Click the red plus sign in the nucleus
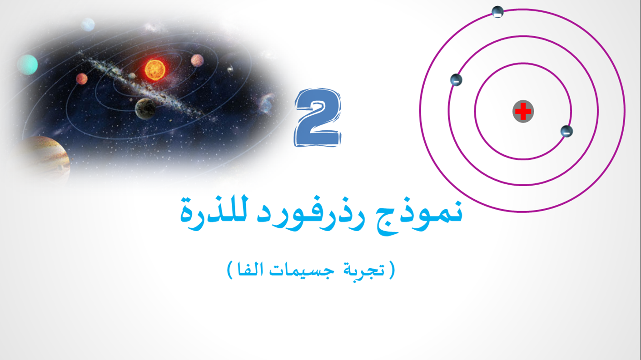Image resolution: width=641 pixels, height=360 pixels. [x=523, y=111]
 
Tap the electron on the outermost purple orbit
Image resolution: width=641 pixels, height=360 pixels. [x=497, y=12]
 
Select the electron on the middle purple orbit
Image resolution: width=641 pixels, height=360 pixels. [x=456, y=80]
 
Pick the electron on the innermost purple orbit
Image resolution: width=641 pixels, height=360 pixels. [x=566, y=131]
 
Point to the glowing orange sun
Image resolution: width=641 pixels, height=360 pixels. [x=155, y=69]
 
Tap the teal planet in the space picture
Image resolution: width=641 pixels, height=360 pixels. [x=28, y=64]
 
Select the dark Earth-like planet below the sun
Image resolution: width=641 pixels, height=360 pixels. [x=146, y=108]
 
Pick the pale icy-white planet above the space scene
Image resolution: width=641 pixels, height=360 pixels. [x=88, y=25]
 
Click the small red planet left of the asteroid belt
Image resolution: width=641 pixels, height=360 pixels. [x=82, y=79]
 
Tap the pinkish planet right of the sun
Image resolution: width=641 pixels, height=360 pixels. [x=197, y=60]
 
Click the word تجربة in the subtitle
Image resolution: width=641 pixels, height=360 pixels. [x=364, y=271]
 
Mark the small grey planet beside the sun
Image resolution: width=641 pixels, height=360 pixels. [x=132, y=75]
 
